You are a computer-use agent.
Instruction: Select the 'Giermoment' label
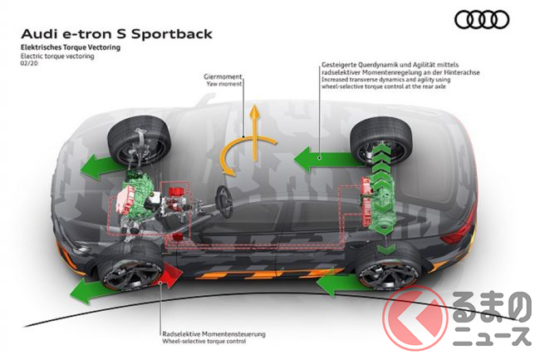(x=222, y=76)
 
